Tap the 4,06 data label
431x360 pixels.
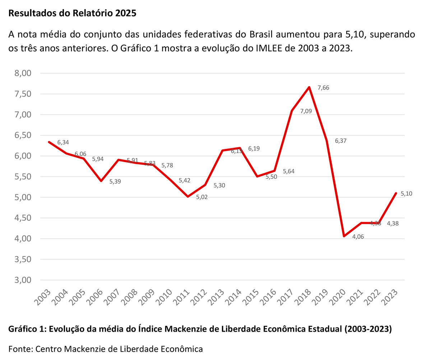coord(358,237)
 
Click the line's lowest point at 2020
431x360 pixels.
coord(344,236)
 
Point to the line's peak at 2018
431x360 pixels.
coord(309,87)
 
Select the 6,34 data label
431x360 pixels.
coord(63,142)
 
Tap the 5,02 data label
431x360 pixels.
coord(202,197)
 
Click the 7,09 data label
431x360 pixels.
coord(306,111)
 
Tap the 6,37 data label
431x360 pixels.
coord(341,141)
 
